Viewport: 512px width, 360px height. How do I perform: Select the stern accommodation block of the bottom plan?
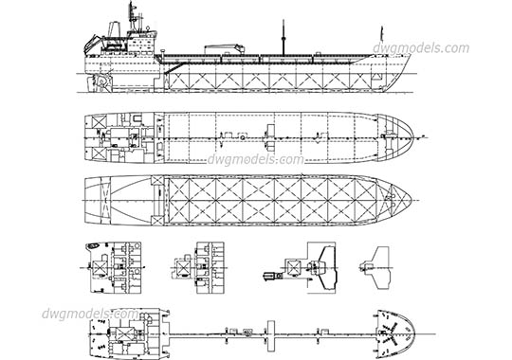[x=119, y=333]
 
